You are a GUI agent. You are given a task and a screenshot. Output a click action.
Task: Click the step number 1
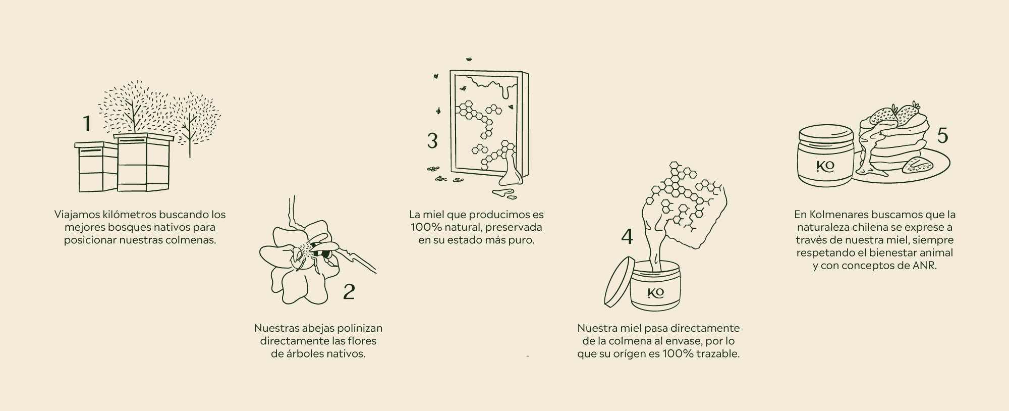coord(87,124)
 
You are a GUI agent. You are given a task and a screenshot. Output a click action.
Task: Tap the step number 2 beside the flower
coord(349,291)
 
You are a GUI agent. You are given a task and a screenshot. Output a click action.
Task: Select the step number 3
coord(432,141)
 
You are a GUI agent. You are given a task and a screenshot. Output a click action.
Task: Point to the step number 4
coord(627,236)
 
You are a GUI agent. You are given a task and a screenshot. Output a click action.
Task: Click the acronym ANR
coord(925,266)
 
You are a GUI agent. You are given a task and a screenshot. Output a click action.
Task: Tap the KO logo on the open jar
coord(656,293)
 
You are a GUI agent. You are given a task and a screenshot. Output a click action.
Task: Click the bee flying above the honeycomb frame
coord(470,59)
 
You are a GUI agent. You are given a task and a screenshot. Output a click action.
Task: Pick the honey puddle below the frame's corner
coord(502,192)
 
